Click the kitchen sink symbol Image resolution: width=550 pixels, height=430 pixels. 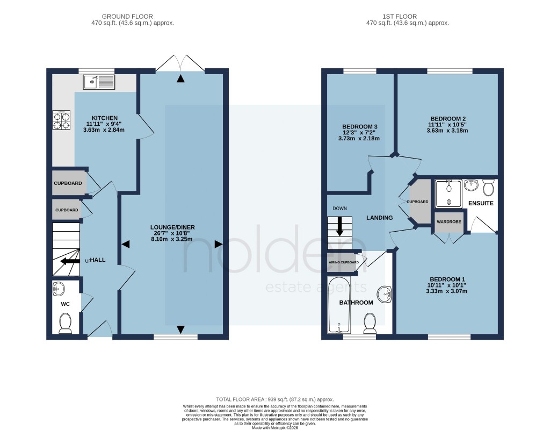(x=99, y=82)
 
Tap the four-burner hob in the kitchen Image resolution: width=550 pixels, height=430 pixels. (x=61, y=120)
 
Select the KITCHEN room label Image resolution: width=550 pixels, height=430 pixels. (x=104, y=118)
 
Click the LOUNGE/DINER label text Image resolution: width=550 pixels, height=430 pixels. (x=172, y=227)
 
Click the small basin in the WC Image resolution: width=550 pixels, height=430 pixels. (x=60, y=290)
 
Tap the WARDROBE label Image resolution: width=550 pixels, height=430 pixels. (x=448, y=221)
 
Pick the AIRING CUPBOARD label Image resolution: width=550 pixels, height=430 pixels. (x=344, y=262)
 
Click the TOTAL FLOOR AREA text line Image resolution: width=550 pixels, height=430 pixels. (x=274, y=399)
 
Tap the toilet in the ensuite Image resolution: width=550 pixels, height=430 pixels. (x=488, y=188)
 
